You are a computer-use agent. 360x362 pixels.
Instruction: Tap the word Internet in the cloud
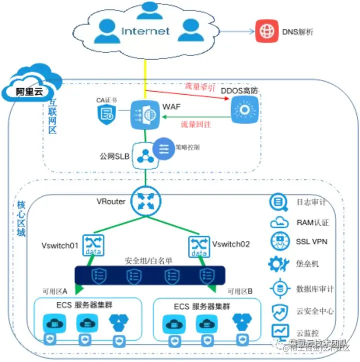[145, 31]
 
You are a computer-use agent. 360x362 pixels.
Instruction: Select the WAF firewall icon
[144, 114]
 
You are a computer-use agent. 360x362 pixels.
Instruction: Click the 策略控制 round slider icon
[164, 148]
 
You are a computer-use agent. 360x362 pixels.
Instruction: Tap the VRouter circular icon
[143, 200]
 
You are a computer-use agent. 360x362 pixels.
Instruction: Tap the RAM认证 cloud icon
[279, 222]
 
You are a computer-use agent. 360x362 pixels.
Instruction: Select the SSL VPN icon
[279, 241]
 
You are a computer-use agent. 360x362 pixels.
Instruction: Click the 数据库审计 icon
[279, 289]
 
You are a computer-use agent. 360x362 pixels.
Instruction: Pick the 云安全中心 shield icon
[279, 311]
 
